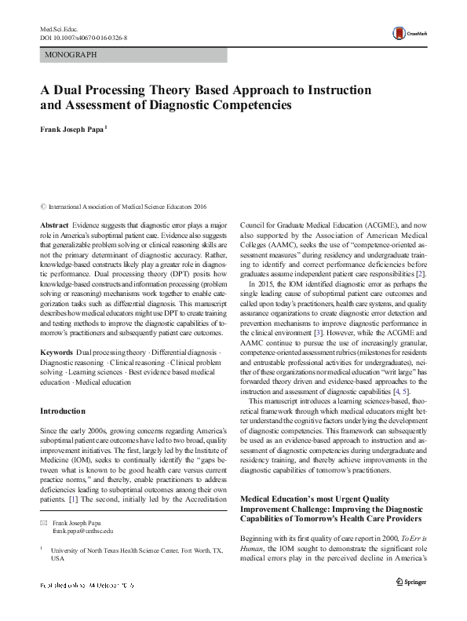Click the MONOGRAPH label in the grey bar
[x=72, y=56]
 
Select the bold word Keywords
[x=57, y=353]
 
